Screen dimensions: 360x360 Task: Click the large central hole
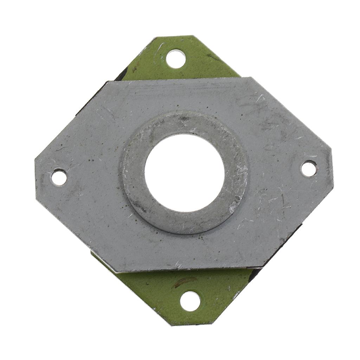(185, 173)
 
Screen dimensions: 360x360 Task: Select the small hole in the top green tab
(175, 59)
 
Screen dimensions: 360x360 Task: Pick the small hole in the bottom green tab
(190, 301)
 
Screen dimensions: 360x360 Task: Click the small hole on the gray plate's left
(59, 177)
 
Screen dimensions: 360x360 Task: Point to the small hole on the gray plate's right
(309, 168)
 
